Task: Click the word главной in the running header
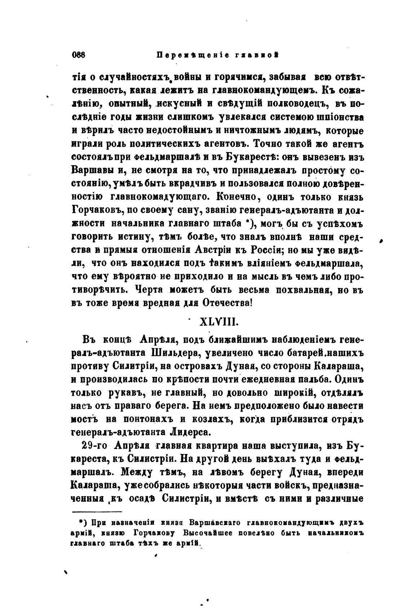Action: [259, 55]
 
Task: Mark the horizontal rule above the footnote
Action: [97, 511]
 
